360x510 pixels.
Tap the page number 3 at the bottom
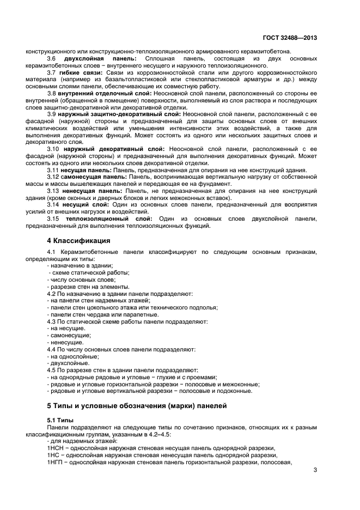click(315, 470)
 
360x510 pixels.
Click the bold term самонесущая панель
click(94, 177)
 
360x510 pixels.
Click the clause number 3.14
click(53, 205)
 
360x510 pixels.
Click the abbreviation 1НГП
click(56, 462)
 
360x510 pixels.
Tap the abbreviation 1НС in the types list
click(54, 456)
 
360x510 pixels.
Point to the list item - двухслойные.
click(68, 362)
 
